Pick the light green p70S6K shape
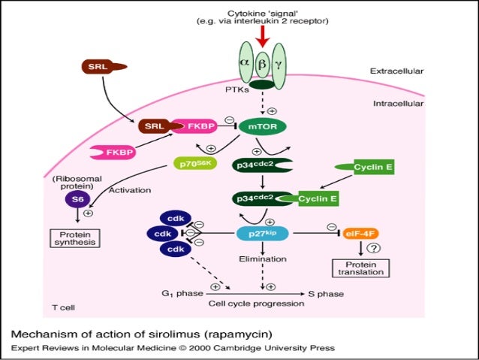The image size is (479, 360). click(x=194, y=162)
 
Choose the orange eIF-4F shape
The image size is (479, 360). click(x=357, y=234)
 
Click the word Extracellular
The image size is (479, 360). click(x=396, y=71)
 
